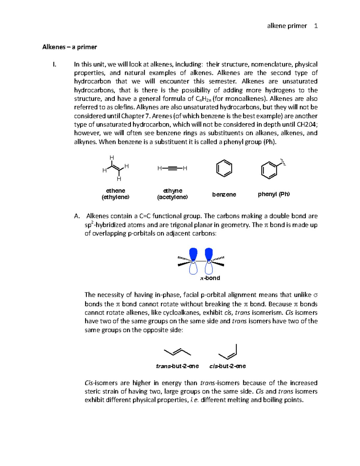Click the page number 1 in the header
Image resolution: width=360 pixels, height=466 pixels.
316,26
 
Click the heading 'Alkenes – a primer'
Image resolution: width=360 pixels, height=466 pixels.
70,47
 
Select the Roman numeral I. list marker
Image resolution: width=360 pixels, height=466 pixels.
54,64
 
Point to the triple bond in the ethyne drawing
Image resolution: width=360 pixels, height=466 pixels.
172,168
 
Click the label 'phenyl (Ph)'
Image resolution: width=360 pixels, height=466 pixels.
274,194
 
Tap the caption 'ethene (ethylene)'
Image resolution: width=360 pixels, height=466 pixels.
115,194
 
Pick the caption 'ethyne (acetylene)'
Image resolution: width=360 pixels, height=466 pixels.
172,194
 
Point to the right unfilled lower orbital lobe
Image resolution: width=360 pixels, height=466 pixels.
209,268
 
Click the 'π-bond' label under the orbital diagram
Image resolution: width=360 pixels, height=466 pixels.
210,278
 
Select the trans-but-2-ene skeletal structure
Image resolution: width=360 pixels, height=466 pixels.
177,352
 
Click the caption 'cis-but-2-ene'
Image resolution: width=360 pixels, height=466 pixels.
227,366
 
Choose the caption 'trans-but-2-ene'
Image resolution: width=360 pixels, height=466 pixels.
177,366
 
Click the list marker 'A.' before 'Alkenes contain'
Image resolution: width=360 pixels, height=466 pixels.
77,216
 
